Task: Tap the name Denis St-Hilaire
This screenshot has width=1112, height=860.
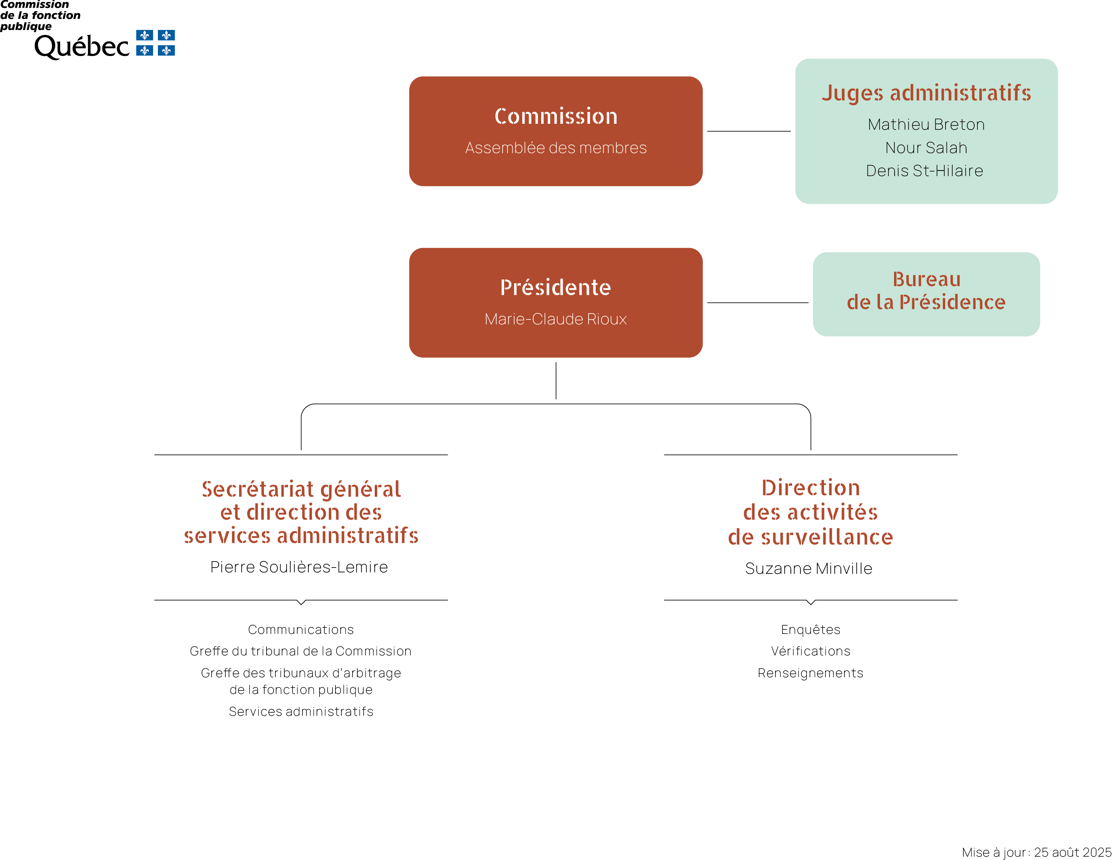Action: click(x=925, y=171)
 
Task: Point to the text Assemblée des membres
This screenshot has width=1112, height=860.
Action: click(x=556, y=148)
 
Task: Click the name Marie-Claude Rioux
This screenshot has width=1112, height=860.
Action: click(x=556, y=319)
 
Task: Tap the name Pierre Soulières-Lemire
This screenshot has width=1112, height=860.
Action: click(x=299, y=567)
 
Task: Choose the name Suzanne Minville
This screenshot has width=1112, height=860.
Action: click(x=808, y=568)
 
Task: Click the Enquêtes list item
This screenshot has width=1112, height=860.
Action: click(x=811, y=630)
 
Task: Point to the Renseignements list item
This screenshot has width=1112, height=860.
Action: click(x=811, y=673)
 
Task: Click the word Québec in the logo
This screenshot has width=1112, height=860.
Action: click(x=82, y=47)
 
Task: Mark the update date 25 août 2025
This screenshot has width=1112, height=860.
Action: click(x=1072, y=852)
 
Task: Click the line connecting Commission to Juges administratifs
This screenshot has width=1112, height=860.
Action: click(x=749, y=131)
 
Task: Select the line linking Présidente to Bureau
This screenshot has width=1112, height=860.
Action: click(x=758, y=302)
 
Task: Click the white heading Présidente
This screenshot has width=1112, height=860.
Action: click(x=556, y=288)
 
